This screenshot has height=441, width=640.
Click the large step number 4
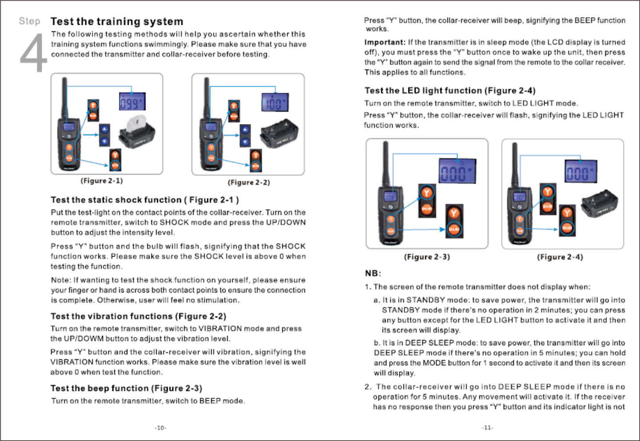coord(33,54)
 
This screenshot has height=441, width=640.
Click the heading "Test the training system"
coord(117,21)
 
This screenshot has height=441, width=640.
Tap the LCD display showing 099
coord(132,102)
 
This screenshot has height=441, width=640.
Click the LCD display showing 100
coord(275,103)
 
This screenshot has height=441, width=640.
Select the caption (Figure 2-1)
coord(102,181)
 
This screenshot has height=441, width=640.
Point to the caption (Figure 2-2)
coord(249,182)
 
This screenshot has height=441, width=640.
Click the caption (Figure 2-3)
coord(427,257)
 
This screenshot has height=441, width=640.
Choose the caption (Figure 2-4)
coord(560,257)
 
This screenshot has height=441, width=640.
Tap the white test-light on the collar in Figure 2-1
coord(136,124)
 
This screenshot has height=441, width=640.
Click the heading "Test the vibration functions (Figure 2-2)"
coord(138,316)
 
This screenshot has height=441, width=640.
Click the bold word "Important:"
coord(385,42)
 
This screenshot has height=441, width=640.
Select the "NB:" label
coord(373,273)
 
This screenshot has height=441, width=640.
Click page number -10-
coord(160,428)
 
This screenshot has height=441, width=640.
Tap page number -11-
coord(487,428)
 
